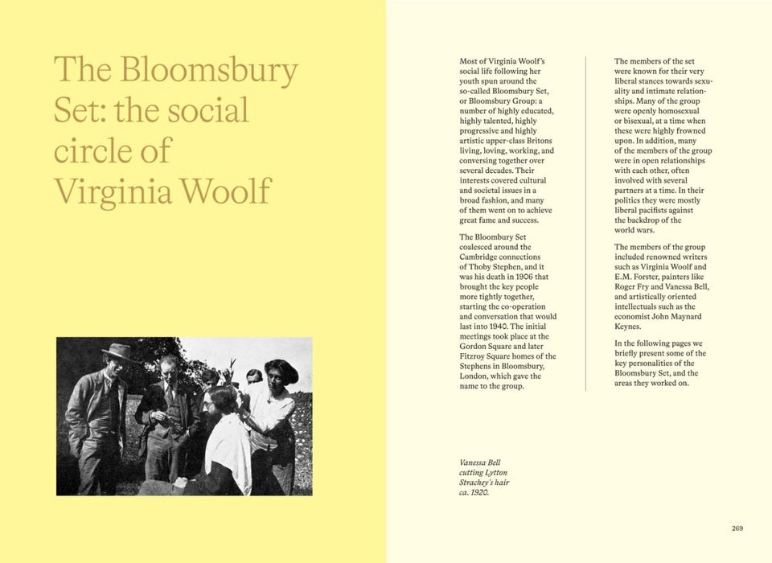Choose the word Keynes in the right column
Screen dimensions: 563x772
(x=628, y=327)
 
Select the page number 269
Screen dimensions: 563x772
(x=737, y=528)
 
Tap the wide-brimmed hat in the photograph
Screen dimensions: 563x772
(x=117, y=351)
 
